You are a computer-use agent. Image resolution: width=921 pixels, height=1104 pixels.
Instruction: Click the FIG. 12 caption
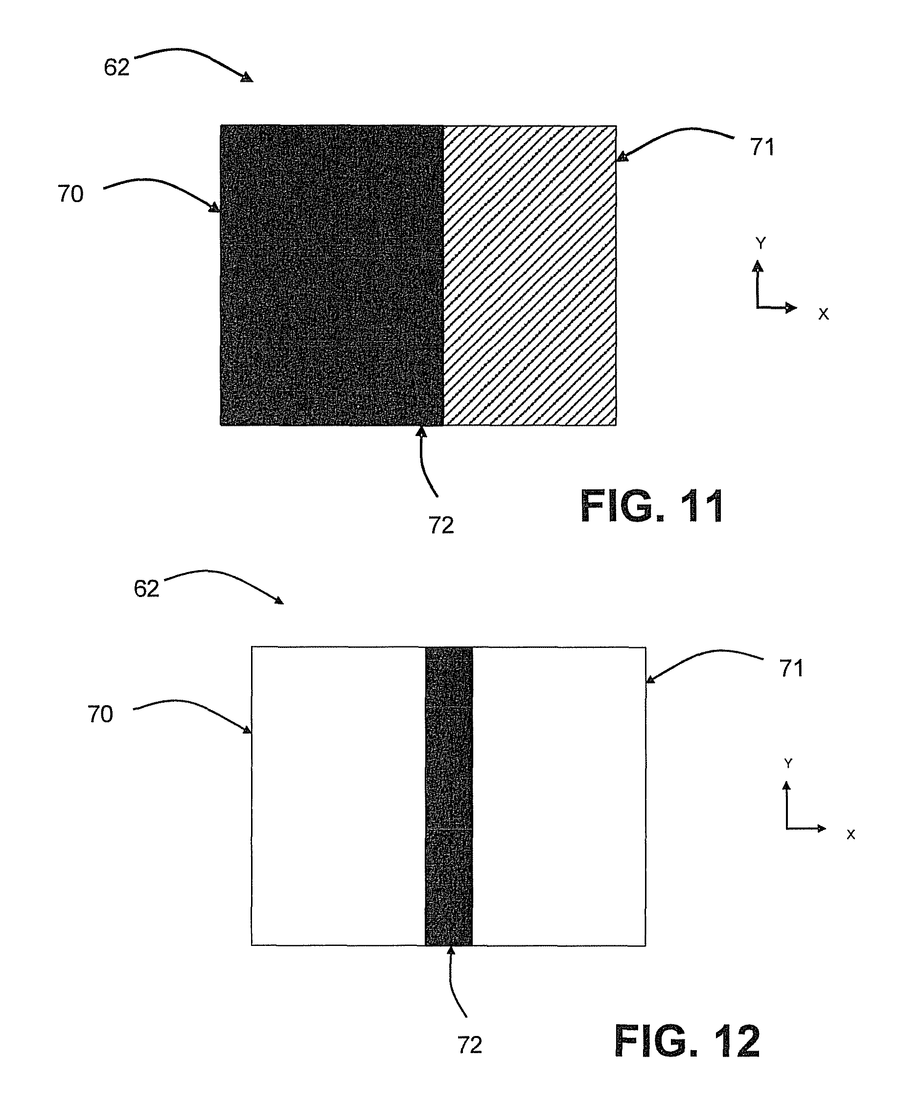pyautogui.click(x=687, y=1041)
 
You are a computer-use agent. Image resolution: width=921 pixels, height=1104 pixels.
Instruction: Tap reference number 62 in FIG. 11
pyautogui.click(x=116, y=68)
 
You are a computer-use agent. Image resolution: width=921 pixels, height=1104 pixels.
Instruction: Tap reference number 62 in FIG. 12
pyautogui.click(x=146, y=589)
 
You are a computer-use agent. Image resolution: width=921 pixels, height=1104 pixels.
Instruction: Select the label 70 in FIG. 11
pyautogui.click(x=70, y=194)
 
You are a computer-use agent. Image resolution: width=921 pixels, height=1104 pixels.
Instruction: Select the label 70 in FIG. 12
pyautogui.click(x=100, y=714)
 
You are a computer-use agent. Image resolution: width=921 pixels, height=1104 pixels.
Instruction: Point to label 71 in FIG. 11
pyautogui.click(x=762, y=148)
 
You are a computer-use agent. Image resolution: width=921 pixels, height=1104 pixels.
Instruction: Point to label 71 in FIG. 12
pyautogui.click(x=792, y=668)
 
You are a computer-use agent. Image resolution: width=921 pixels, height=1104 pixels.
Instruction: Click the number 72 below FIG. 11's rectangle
pyautogui.click(x=441, y=525)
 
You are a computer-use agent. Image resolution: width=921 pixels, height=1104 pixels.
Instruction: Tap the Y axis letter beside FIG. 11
pyautogui.click(x=760, y=243)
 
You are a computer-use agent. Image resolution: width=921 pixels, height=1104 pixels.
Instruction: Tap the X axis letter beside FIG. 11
pyautogui.click(x=823, y=314)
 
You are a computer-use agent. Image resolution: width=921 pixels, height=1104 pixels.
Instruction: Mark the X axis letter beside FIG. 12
pyautogui.click(x=851, y=835)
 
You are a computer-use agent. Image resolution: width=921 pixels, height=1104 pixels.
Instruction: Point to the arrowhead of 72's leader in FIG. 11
pyautogui.click(x=421, y=432)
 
